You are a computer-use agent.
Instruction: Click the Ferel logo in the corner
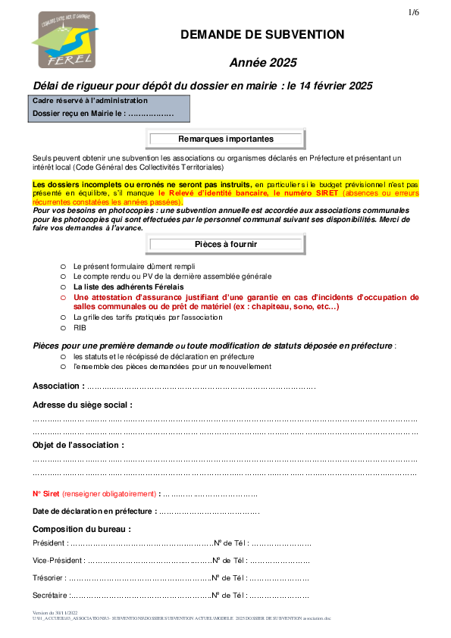click(65, 40)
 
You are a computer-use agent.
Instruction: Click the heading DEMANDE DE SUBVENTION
click(262, 35)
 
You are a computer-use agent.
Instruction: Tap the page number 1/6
click(414, 12)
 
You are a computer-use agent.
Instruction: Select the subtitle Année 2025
click(263, 63)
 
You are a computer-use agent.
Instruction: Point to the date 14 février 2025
click(336, 86)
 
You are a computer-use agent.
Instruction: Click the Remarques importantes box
click(226, 139)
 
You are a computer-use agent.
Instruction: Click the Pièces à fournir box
click(226, 244)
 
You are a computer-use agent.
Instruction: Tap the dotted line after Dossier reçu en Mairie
click(151, 114)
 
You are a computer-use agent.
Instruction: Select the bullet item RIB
click(80, 328)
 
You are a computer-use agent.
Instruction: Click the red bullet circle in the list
click(63, 298)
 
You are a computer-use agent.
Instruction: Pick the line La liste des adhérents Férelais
click(129, 287)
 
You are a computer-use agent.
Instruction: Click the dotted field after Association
click(201, 387)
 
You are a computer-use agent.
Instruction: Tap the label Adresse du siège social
click(83, 405)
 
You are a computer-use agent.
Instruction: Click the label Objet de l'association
click(79, 445)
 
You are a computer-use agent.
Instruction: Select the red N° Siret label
click(46, 494)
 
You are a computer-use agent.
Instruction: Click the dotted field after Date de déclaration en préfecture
click(209, 512)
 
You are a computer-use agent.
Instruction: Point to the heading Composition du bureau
click(82, 530)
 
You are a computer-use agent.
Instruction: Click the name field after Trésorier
click(140, 579)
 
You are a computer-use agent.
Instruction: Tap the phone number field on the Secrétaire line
click(279, 596)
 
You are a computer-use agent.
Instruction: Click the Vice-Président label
click(59, 561)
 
